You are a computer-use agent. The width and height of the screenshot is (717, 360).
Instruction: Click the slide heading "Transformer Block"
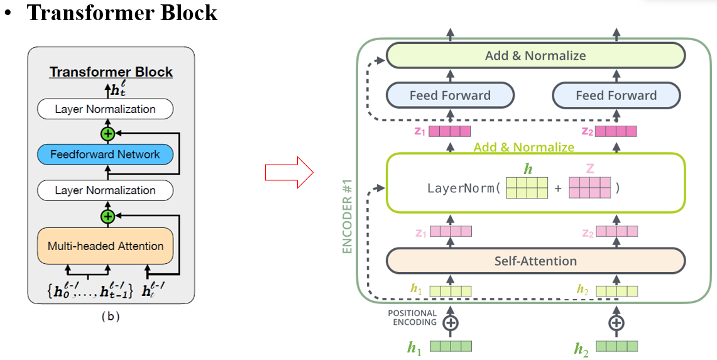coord(122,13)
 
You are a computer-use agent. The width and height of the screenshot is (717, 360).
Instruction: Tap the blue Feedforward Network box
coord(105,155)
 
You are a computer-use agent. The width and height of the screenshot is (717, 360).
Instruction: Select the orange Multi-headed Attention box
coord(105,246)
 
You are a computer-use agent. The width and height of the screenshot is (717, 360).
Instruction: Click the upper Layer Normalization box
coord(105,109)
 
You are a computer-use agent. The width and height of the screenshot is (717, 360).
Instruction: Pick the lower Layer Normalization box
coord(105,190)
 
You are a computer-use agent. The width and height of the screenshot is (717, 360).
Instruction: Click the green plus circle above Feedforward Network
coord(107,133)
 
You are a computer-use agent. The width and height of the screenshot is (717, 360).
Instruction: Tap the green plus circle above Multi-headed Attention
coord(107,216)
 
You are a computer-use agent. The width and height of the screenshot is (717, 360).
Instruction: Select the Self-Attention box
coord(535,261)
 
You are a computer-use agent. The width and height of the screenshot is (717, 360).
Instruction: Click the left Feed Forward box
coord(450,95)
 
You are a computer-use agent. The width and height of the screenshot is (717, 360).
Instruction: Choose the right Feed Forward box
coord(616,95)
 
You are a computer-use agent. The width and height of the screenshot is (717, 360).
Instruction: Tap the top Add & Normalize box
coord(535,55)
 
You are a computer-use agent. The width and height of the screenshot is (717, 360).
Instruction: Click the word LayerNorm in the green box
coord(461,188)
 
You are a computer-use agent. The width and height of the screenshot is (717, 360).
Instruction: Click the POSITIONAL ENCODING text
coord(412,318)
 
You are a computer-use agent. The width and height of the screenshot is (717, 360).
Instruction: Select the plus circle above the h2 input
coord(616,323)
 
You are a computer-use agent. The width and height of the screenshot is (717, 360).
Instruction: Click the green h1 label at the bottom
coord(414,347)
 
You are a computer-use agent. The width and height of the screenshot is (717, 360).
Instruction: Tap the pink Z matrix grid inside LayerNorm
coord(589,188)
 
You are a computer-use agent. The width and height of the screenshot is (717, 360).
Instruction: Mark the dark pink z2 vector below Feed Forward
coord(616,131)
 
